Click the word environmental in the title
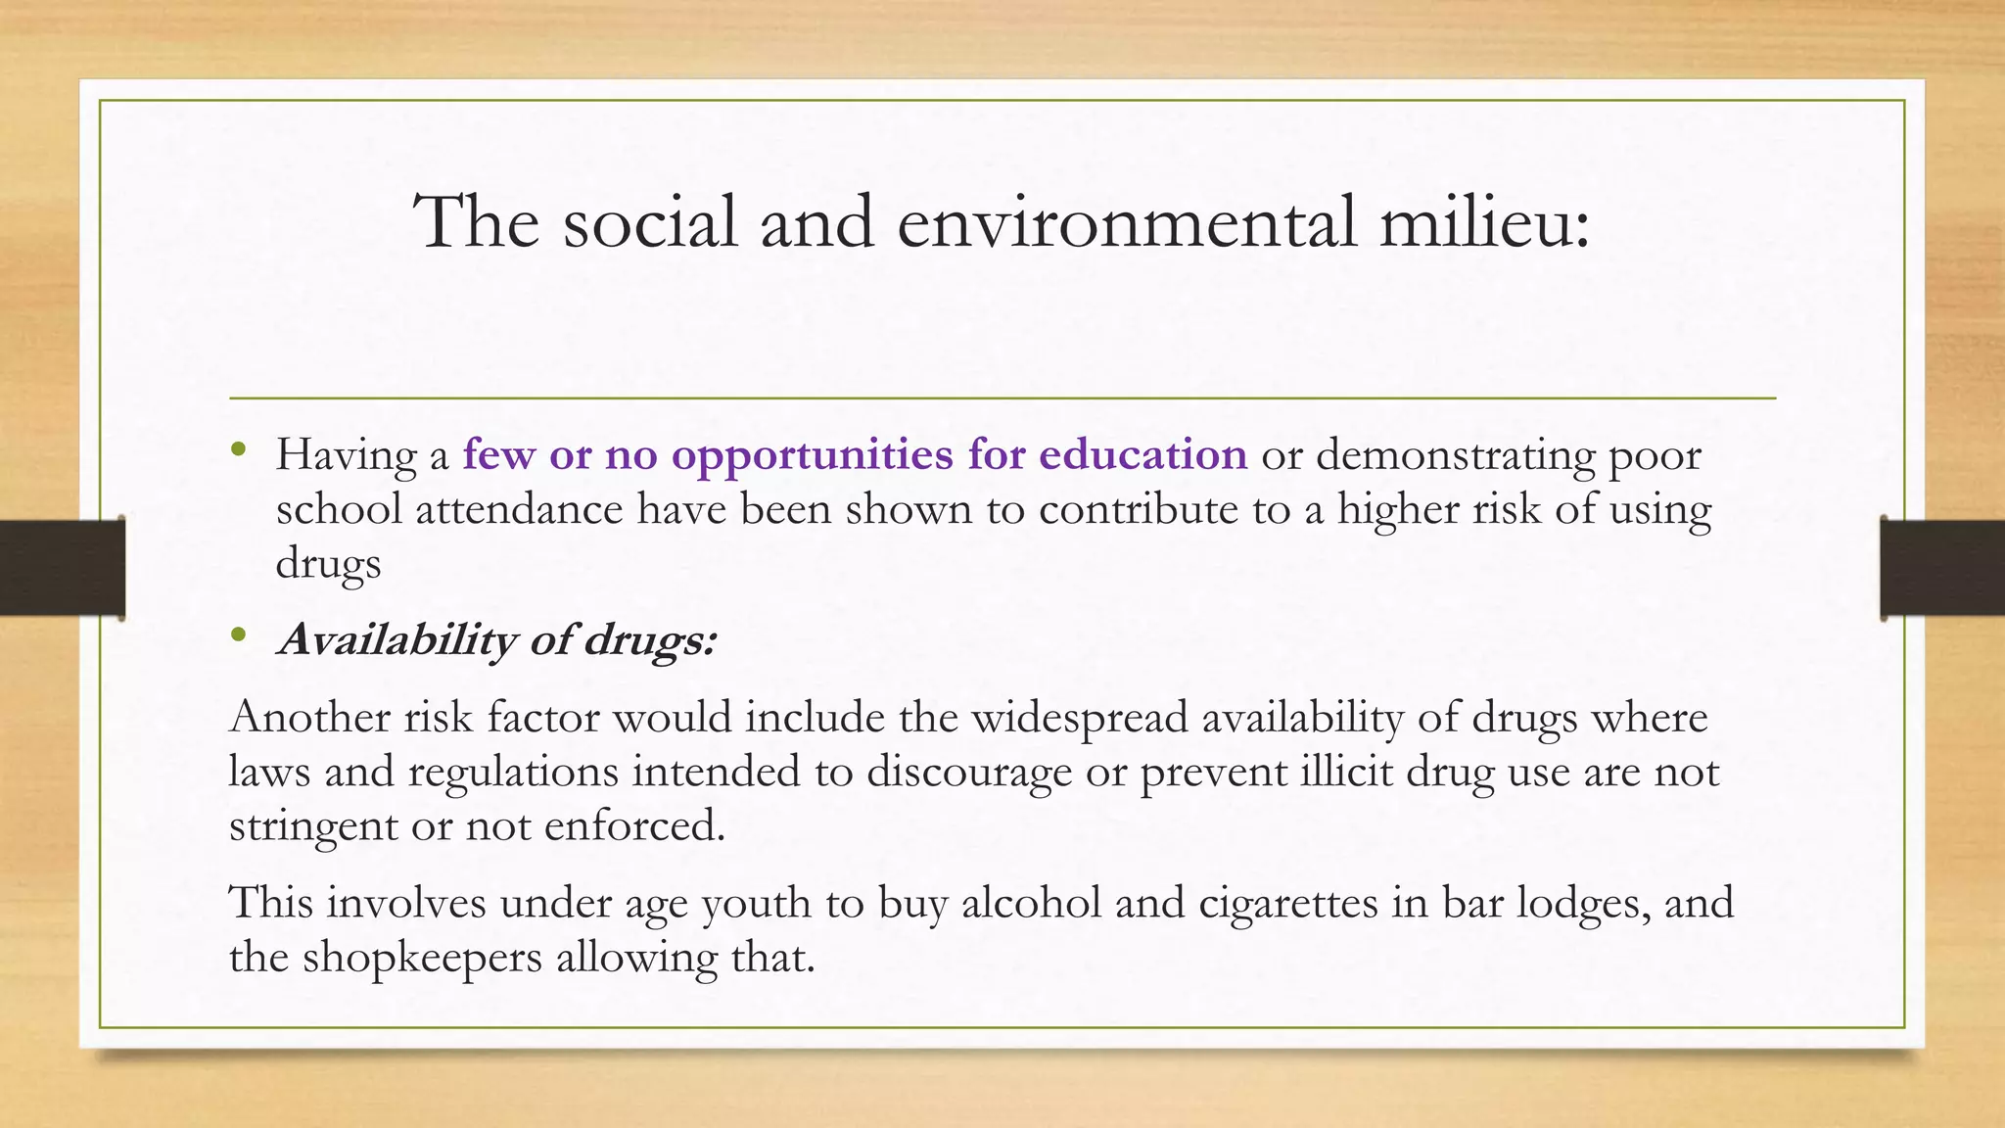[1126, 222]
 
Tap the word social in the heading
[650, 222]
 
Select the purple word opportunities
[812, 456]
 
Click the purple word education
[1142, 454]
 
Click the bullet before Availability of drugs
[239, 637]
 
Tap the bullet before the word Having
[239, 451]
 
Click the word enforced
[634, 825]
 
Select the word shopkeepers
[421, 958]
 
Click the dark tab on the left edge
[62, 568]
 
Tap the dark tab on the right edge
[1942, 568]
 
